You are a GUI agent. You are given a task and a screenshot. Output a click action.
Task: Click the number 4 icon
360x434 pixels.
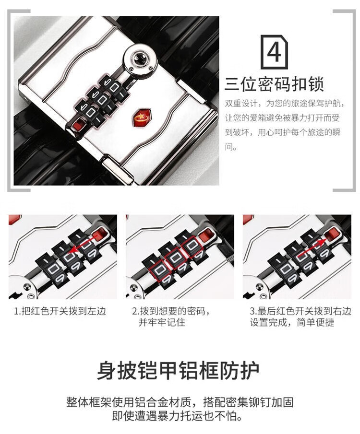274,52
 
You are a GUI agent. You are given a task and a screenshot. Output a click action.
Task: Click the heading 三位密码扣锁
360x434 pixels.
274,84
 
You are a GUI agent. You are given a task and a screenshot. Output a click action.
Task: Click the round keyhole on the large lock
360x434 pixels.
139,59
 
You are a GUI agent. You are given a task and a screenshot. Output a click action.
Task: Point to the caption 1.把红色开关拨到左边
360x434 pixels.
60,311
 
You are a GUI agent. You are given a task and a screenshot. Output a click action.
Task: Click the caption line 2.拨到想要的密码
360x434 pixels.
171,311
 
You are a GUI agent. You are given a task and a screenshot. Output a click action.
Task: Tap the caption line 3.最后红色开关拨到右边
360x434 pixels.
300,311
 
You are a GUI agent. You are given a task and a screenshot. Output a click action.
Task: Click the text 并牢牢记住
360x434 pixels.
162,322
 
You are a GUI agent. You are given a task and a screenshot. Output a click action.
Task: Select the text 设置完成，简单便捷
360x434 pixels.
292,322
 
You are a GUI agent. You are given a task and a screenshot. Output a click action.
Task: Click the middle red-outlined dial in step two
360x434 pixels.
175,258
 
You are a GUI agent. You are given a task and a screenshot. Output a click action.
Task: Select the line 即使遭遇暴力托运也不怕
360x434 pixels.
178,416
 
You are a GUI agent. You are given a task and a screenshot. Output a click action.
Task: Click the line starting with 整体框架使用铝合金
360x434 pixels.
180,402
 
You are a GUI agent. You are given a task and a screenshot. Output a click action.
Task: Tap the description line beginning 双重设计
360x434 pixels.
285,103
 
